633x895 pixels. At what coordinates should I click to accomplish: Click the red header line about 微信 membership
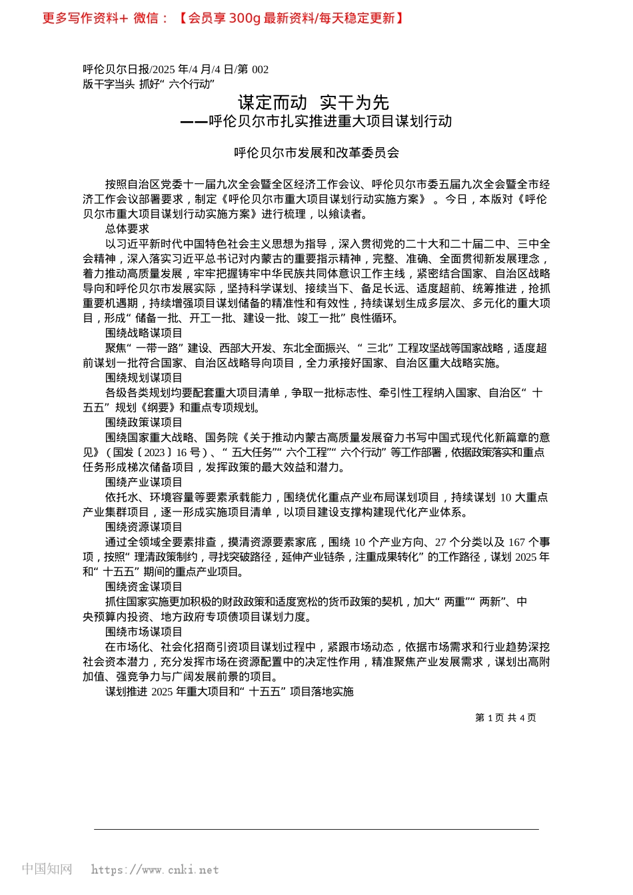(223, 18)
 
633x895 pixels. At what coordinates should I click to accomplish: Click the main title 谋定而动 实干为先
(313, 103)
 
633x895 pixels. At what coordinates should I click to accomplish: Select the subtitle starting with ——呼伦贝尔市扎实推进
(316, 121)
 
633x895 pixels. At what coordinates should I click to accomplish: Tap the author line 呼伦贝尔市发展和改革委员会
(316, 153)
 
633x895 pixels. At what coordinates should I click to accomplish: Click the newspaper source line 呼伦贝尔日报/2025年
(175, 69)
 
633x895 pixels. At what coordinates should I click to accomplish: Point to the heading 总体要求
(127, 229)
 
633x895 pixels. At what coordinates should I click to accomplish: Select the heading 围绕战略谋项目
(143, 333)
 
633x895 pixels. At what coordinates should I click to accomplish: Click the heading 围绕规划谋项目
(143, 378)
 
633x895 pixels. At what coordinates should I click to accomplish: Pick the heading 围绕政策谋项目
(143, 422)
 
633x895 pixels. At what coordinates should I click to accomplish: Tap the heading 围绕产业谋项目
(143, 482)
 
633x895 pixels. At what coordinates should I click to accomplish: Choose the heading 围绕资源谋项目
(143, 527)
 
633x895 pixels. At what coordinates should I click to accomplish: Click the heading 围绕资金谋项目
(143, 587)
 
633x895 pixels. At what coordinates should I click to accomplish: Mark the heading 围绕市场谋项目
(143, 631)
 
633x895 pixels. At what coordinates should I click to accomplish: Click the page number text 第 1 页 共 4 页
(505, 718)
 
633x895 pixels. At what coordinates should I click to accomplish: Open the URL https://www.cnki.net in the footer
(155, 870)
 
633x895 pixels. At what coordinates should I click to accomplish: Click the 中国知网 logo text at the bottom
(47, 869)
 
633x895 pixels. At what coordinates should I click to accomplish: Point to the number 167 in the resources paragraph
(516, 542)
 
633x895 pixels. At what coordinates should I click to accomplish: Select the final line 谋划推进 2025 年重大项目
(229, 691)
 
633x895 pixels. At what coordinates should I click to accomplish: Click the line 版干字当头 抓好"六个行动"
(149, 84)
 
